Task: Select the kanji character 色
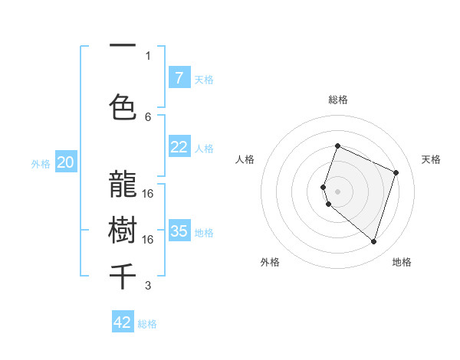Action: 123,107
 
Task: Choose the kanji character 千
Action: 123,276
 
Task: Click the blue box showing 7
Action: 179,77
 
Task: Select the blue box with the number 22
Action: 179,147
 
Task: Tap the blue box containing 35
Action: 179,231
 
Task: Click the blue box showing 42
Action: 123,322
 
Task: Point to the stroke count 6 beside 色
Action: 148,116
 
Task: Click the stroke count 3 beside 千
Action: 148,286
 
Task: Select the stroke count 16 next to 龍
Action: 148,193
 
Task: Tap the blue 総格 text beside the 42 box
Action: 147,323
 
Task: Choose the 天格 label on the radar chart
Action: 431,159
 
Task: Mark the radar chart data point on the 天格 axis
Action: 396,172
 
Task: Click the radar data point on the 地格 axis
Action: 373,241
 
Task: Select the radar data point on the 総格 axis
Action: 337,146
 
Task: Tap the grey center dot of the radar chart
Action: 337,191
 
